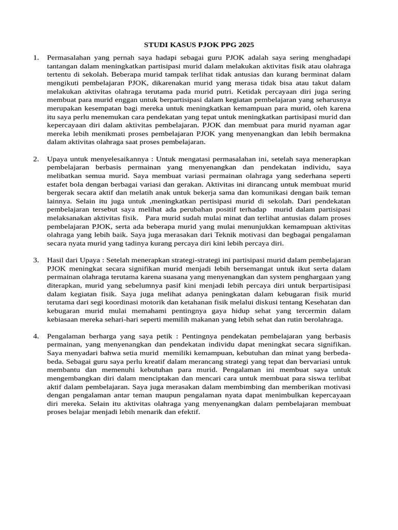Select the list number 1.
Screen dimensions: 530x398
[x=36, y=58]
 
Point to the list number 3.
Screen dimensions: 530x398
[x=36, y=260]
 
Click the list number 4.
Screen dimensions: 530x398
[x=36, y=336]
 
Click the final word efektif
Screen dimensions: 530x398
[x=188, y=411]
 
